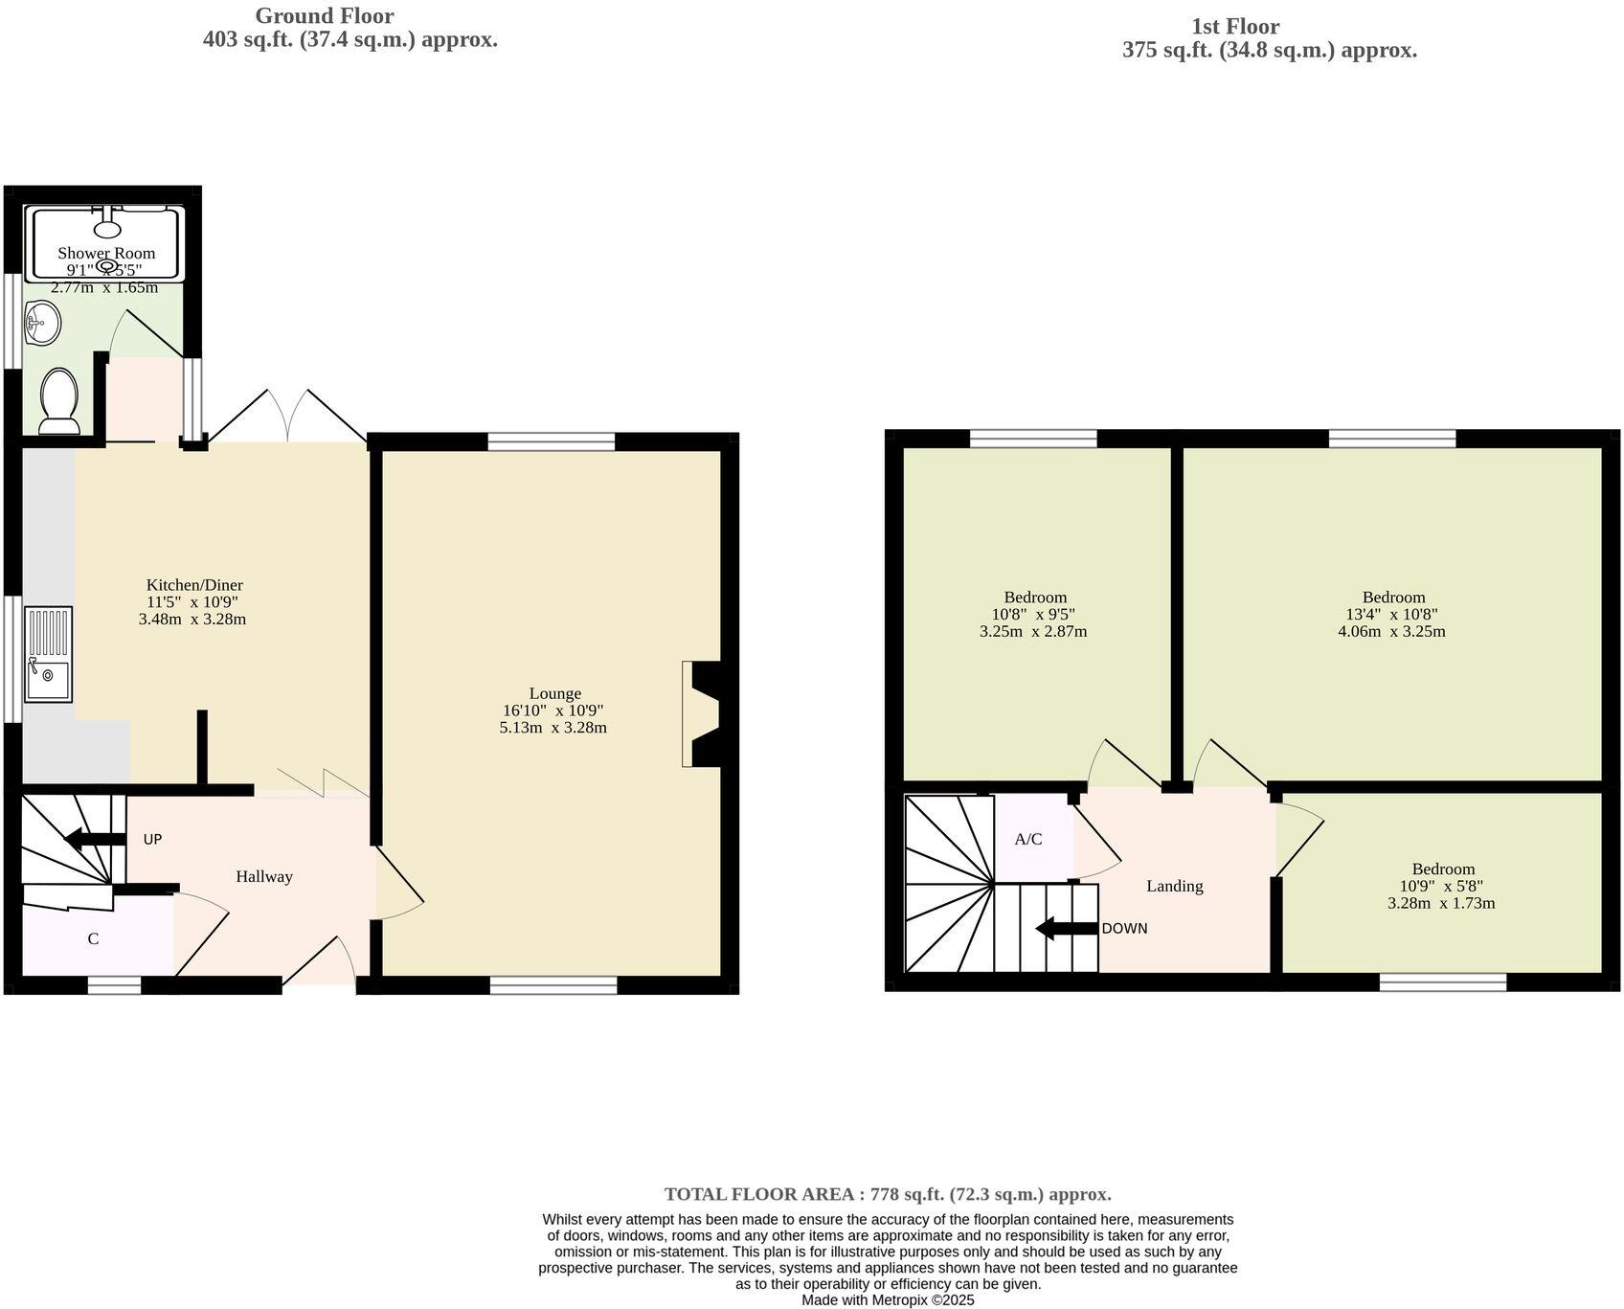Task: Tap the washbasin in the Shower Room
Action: [42, 322]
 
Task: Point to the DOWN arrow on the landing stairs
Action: [1067, 928]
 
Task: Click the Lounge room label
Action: [554, 693]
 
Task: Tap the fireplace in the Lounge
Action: [704, 713]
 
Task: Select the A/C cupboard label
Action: [1028, 840]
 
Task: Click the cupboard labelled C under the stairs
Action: [93, 938]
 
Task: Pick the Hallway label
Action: [264, 876]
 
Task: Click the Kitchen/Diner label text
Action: [194, 585]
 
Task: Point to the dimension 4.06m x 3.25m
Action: [1391, 632]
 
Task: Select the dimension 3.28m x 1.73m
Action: [1441, 903]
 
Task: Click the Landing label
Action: [1174, 886]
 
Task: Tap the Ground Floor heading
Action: [324, 16]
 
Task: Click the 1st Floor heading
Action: [1234, 27]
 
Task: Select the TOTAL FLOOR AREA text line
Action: [888, 1194]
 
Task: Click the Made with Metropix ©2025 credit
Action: [888, 1299]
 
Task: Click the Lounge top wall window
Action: [551, 440]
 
